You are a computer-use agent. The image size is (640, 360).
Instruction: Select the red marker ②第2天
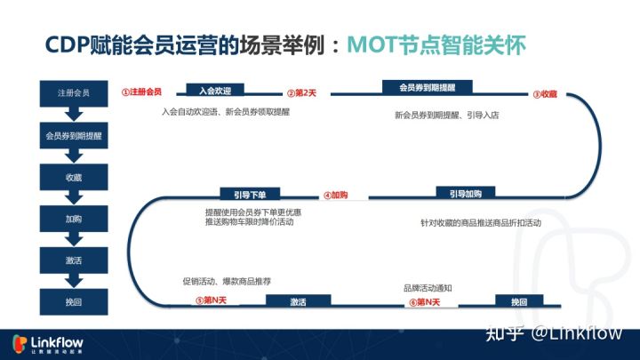[x=301, y=92]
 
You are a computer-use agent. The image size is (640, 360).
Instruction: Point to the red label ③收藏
[x=545, y=93]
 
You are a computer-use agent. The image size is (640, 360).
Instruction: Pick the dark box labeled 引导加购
[x=465, y=194]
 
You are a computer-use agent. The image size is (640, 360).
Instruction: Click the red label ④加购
[x=335, y=195]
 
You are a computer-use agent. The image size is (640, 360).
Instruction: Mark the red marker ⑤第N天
[x=212, y=301]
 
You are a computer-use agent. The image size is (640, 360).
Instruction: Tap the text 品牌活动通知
[x=428, y=288]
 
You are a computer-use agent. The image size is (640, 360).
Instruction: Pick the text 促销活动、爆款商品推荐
[x=227, y=281]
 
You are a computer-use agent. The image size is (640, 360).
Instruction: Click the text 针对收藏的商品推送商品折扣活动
[x=481, y=223]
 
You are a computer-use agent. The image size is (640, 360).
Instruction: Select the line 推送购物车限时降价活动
[x=249, y=221]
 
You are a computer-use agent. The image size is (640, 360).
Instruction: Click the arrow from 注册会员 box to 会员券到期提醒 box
[x=74, y=114]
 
